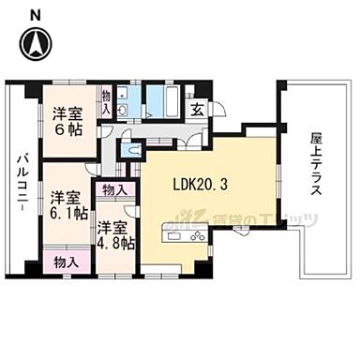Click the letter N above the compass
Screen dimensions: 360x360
point(36,13)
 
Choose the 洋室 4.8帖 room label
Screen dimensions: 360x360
point(113,235)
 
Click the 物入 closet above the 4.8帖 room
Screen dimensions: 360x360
point(115,190)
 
